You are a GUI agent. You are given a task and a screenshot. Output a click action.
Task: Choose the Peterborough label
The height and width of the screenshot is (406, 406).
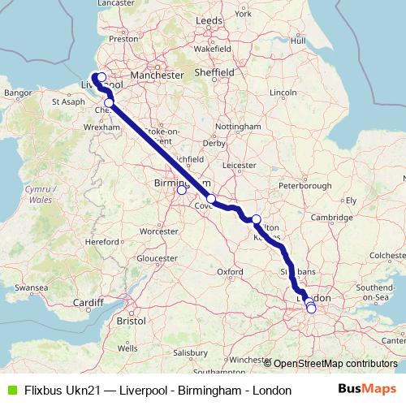pos(309,186)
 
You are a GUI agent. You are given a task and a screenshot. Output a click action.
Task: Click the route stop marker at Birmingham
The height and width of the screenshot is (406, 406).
pos(182,191)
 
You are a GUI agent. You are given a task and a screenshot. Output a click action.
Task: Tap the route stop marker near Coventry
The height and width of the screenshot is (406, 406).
pos(211,199)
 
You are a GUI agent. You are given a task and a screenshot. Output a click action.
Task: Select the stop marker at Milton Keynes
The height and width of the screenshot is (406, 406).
pos(257,219)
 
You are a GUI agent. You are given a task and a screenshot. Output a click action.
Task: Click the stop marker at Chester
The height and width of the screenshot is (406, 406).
pos(109,103)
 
